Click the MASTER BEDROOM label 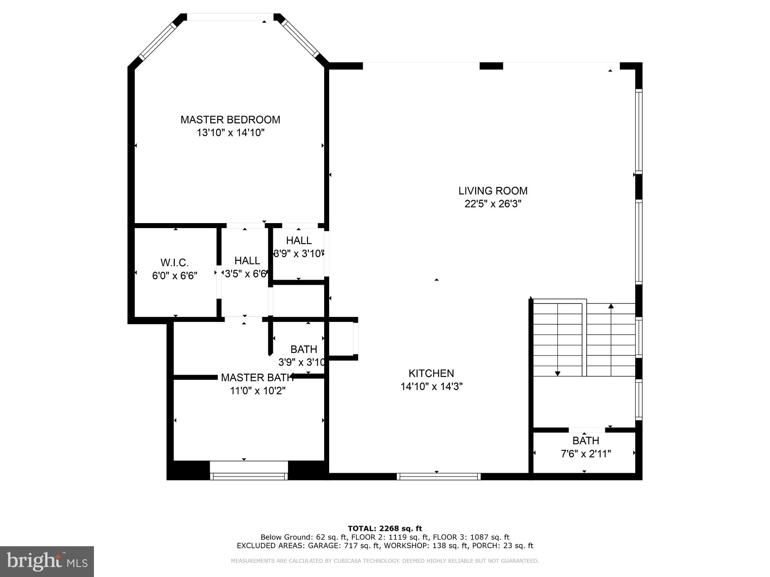point(230,120)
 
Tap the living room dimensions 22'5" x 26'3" point(493,204)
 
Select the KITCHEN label point(431,373)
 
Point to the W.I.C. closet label point(174,263)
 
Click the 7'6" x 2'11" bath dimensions point(586,454)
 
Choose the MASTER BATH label point(257,378)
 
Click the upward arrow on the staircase point(611,307)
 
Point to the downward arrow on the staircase point(557,373)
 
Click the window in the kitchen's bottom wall point(439,476)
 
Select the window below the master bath point(249,476)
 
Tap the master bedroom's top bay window point(230,17)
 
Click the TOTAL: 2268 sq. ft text point(385,529)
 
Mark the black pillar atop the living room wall point(491,66)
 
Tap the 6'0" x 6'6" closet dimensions point(174,276)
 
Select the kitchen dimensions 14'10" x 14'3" point(431,386)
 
